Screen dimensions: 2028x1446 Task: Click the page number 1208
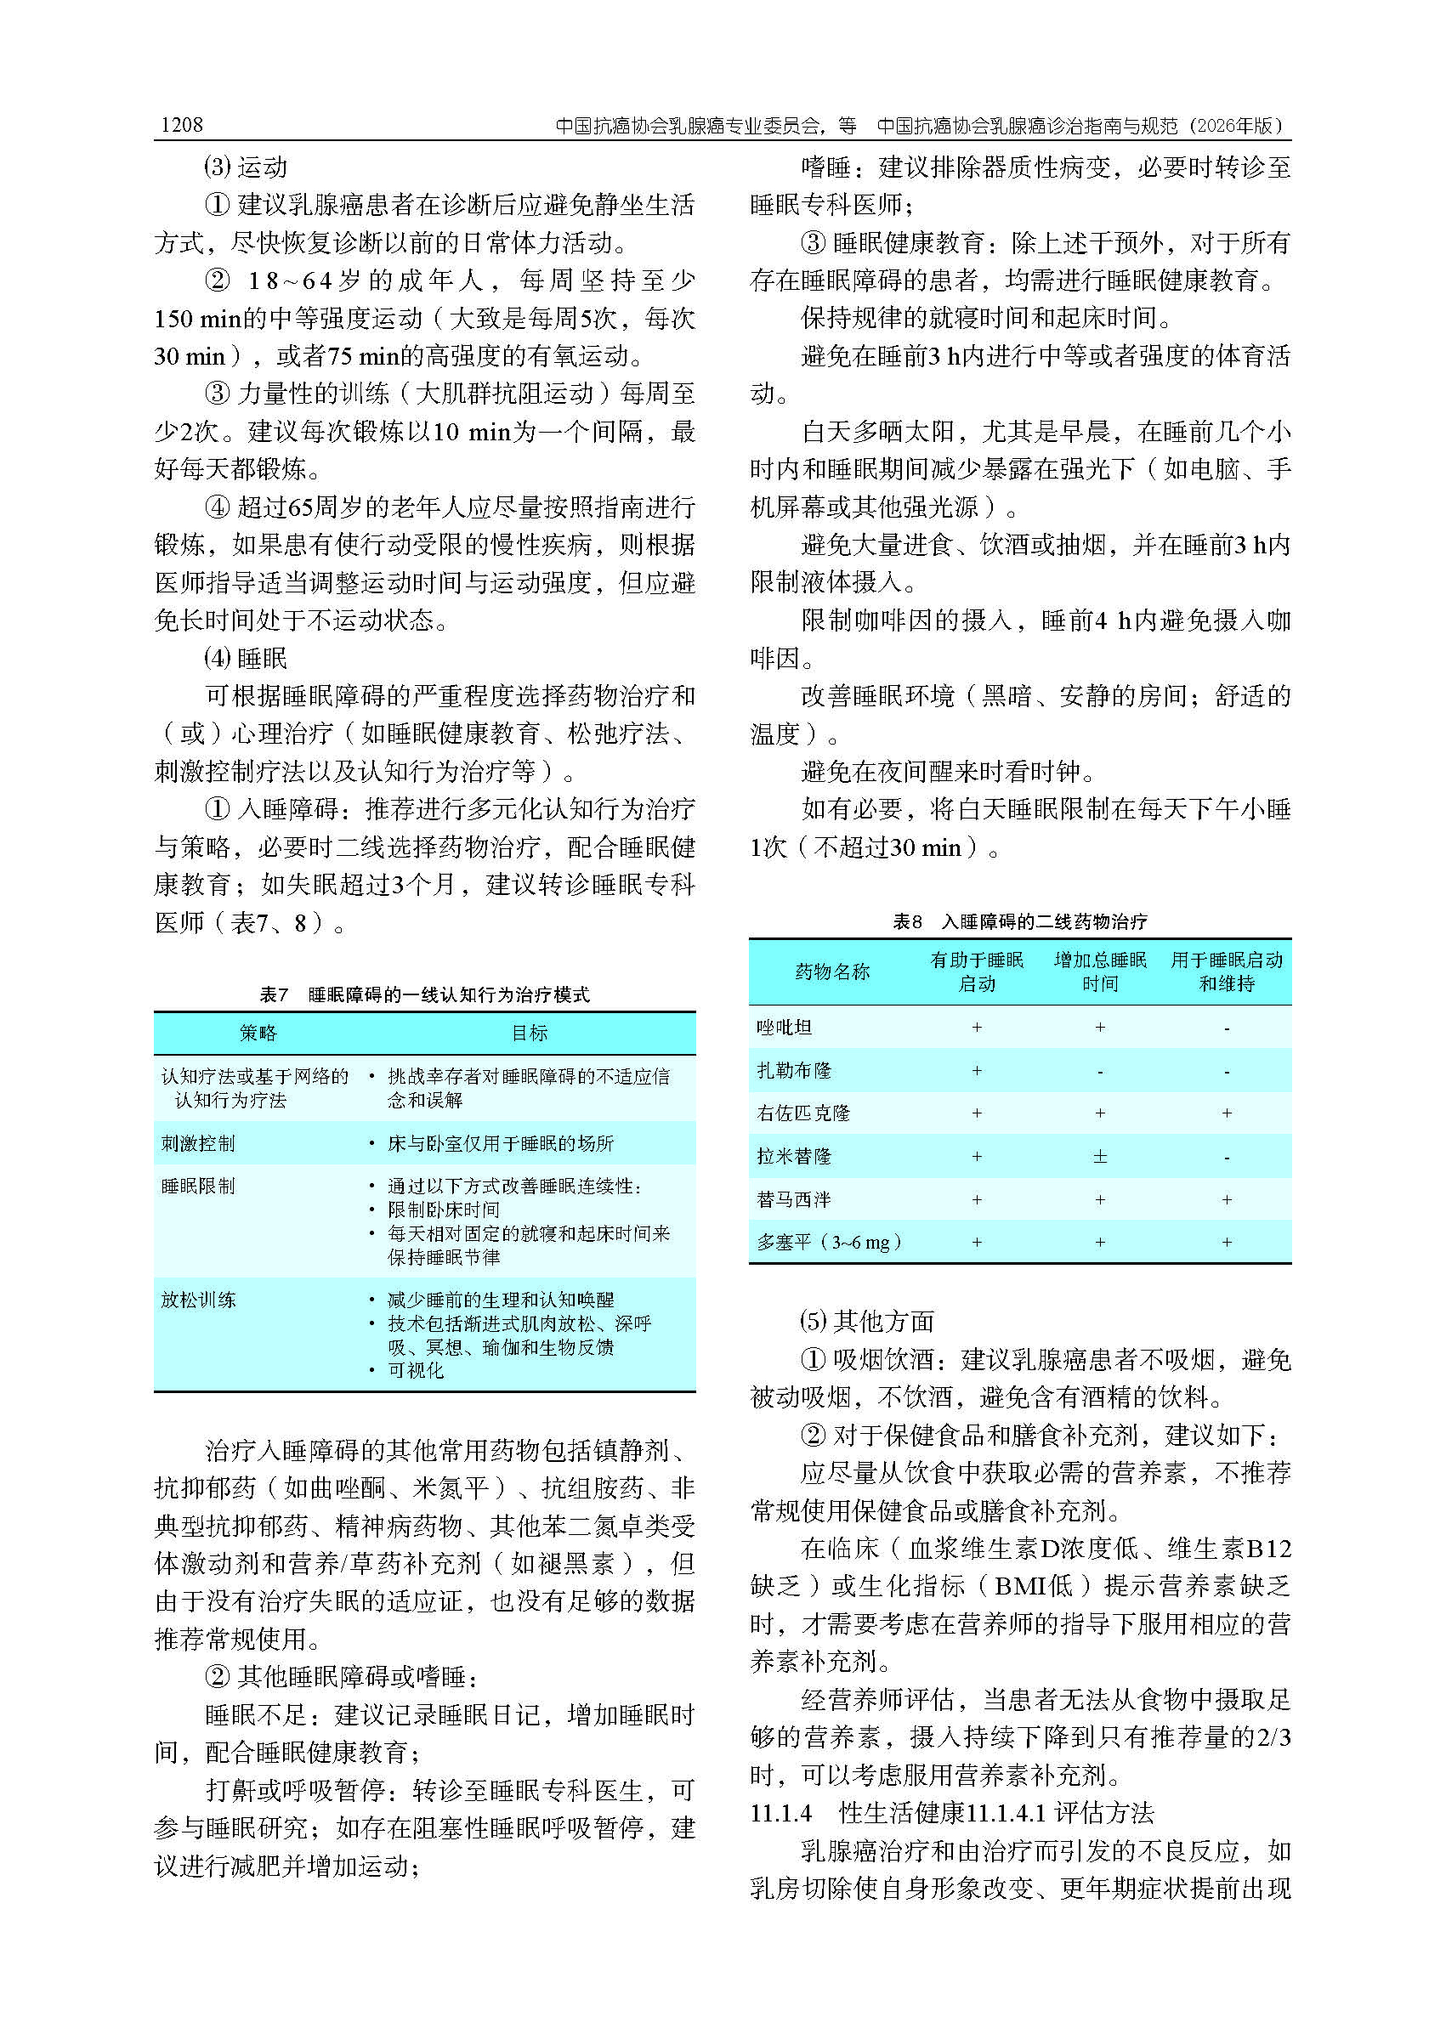[182, 125]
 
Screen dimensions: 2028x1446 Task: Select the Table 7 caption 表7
[274, 994]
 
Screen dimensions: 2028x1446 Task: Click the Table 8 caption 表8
[907, 921]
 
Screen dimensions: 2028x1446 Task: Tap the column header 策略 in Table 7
[258, 1033]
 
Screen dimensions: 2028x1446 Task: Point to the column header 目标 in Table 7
[529, 1033]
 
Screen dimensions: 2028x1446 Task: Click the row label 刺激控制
[198, 1143]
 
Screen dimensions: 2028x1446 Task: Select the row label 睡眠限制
[198, 1186]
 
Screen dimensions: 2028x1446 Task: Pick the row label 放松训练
[198, 1300]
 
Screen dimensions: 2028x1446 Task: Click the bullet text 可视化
[415, 1370]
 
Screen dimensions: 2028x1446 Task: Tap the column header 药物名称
[831, 972]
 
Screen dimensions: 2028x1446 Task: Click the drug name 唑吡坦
[784, 1028]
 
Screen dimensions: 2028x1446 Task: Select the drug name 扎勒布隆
[793, 1070]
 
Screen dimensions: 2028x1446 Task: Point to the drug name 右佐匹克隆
[803, 1113]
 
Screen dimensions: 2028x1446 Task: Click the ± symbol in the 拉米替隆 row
[1100, 1157]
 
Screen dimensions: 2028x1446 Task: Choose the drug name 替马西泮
[793, 1199]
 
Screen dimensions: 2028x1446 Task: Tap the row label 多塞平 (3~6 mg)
[828, 1242]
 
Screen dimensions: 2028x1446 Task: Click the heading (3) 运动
[245, 167]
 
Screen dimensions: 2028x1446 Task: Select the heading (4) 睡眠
[245, 658]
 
